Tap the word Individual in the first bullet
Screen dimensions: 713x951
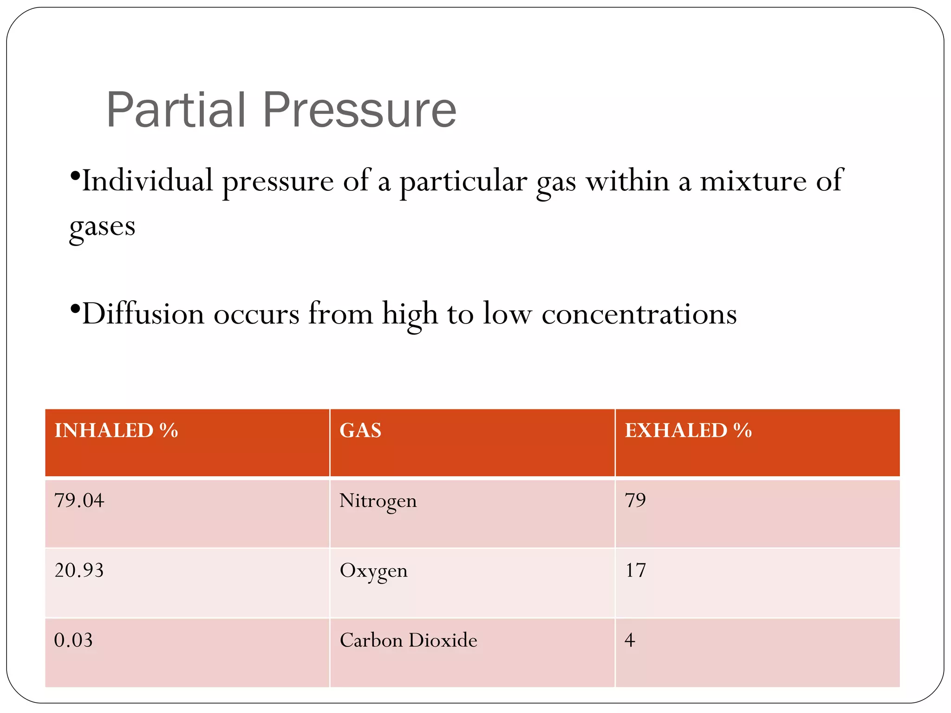click(x=147, y=181)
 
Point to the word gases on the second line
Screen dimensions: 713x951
click(x=102, y=227)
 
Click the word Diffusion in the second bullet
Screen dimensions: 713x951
click(x=143, y=314)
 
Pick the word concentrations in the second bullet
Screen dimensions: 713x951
click(x=639, y=314)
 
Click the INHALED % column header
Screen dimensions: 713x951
click(x=116, y=430)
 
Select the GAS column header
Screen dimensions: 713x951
click(x=360, y=430)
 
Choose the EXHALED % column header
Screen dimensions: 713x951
click(x=688, y=430)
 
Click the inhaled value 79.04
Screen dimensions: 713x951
click(x=79, y=500)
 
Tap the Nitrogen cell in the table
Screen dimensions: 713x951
click(x=378, y=501)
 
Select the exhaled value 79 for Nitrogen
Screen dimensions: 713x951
click(x=635, y=500)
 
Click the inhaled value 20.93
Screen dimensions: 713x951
click(x=79, y=570)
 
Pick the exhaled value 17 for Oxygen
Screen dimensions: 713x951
click(x=635, y=570)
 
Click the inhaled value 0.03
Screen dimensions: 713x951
click(x=73, y=640)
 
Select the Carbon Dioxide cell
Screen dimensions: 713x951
click(x=408, y=640)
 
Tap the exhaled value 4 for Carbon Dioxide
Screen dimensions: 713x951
click(x=630, y=640)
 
